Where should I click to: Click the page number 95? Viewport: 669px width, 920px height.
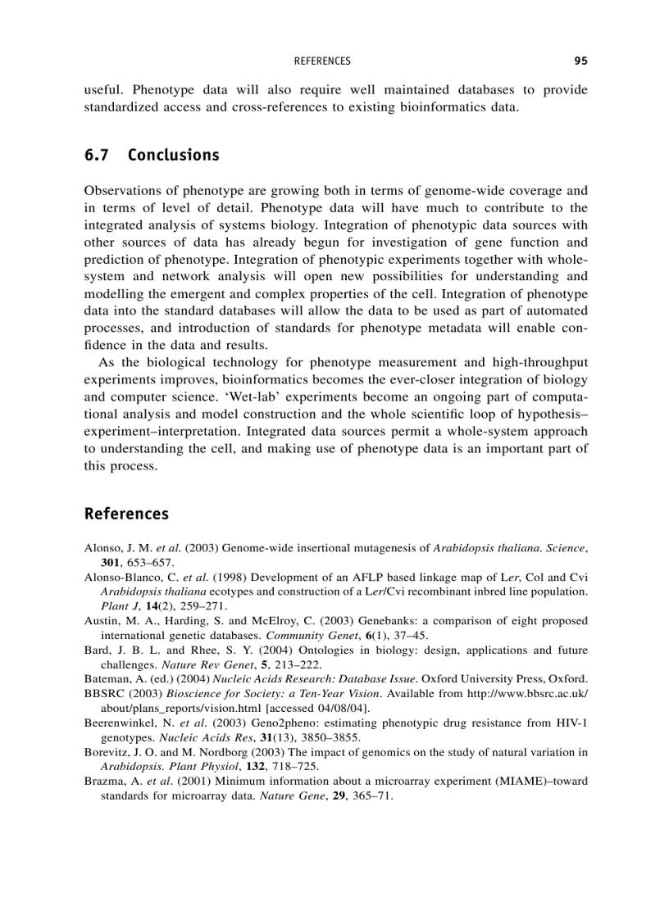click(x=580, y=61)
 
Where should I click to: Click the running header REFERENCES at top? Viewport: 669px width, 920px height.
click(x=321, y=61)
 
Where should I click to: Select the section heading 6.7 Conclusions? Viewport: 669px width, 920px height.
click(x=152, y=155)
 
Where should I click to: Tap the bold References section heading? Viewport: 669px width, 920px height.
click(x=126, y=514)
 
